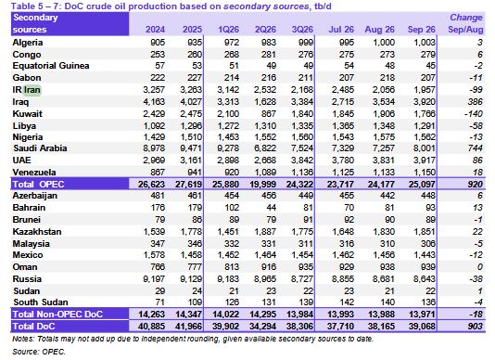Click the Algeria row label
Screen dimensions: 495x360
[x=28, y=43]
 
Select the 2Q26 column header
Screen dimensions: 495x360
[x=265, y=30]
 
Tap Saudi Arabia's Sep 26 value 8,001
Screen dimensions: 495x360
[x=425, y=148]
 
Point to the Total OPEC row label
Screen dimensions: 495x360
[x=38, y=184]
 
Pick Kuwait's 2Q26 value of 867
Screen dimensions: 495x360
[x=268, y=114]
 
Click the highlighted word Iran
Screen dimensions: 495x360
[x=32, y=90]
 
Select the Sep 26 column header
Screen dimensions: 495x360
[x=421, y=30]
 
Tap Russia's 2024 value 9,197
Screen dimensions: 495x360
[x=154, y=279]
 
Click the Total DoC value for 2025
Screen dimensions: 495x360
[x=188, y=327]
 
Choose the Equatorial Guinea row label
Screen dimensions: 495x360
[x=51, y=66]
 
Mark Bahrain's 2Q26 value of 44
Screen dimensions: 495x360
[x=271, y=208]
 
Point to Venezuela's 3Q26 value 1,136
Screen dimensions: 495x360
[x=302, y=173]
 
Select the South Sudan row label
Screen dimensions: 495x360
[x=41, y=302]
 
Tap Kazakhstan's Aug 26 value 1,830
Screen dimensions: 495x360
[x=384, y=232]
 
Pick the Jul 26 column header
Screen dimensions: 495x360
[x=341, y=30]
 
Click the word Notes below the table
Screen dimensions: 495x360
[x=23, y=339]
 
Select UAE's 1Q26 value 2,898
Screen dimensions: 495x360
[x=228, y=161]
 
